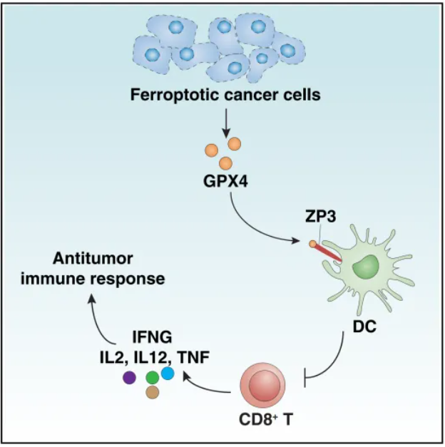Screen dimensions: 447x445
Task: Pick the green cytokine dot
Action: pyautogui.click(x=152, y=377)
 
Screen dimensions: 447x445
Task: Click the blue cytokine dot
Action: pyautogui.click(x=168, y=372)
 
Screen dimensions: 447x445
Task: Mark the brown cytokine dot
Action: pyautogui.click(x=152, y=392)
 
